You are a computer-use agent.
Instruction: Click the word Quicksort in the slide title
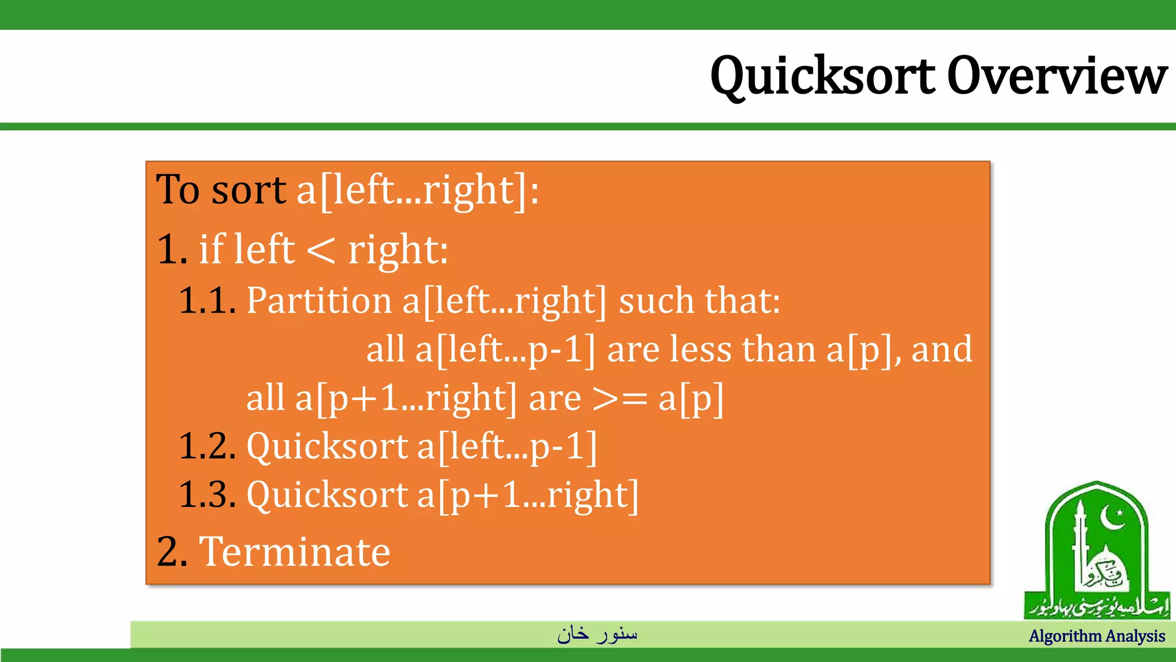pos(822,76)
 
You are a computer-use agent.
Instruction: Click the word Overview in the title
pos(1057,76)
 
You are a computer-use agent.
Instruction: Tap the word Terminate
pos(295,552)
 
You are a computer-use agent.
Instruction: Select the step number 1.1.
pos(207,301)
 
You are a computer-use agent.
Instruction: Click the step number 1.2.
pos(207,446)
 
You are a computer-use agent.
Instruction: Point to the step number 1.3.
pos(207,494)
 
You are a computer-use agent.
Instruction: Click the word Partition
pos(319,301)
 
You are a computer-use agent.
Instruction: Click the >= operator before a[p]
pos(620,398)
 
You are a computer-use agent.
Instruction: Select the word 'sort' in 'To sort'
pos(248,190)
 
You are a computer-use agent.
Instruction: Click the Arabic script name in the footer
pos(597,634)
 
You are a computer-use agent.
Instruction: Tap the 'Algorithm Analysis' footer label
pos(1096,636)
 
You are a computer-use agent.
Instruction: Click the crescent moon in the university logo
pos(1113,517)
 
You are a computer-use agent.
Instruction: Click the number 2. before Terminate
pos(172,552)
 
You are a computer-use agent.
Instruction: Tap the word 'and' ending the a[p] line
pos(942,349)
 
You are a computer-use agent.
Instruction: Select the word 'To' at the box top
pos(178,190)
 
